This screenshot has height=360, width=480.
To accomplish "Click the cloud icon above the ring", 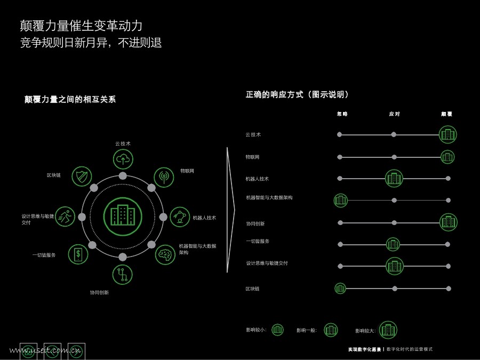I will [123, 159].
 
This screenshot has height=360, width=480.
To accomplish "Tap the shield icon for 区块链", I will [82, 177].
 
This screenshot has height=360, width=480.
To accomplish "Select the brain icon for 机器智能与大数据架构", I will [165, 254].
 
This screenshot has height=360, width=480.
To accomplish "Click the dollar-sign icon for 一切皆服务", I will [78, 254].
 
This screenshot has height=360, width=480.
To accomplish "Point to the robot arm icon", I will [180, 217].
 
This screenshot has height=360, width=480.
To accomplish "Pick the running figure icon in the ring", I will [65, 217].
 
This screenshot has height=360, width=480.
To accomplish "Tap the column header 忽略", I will [342, 114].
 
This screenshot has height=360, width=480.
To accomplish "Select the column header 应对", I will [395, 114].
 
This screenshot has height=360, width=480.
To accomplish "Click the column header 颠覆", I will [447, 114].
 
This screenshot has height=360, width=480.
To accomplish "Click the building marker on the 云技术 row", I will [448, 134].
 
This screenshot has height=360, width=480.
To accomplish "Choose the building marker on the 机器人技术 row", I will [394, 178].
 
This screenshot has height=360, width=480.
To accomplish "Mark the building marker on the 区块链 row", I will [340, 289].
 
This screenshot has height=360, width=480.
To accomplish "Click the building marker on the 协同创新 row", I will [449, 222].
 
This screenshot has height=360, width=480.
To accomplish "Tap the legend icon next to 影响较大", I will [388, 330].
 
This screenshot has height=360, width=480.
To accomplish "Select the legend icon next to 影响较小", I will [277, 330].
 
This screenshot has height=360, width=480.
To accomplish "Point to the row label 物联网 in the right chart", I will [252, 157].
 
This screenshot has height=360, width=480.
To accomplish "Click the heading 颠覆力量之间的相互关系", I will [70, 99].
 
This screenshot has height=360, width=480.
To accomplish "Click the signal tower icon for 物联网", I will [164, 177].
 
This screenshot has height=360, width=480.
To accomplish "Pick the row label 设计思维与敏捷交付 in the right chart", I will [267, 263].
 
